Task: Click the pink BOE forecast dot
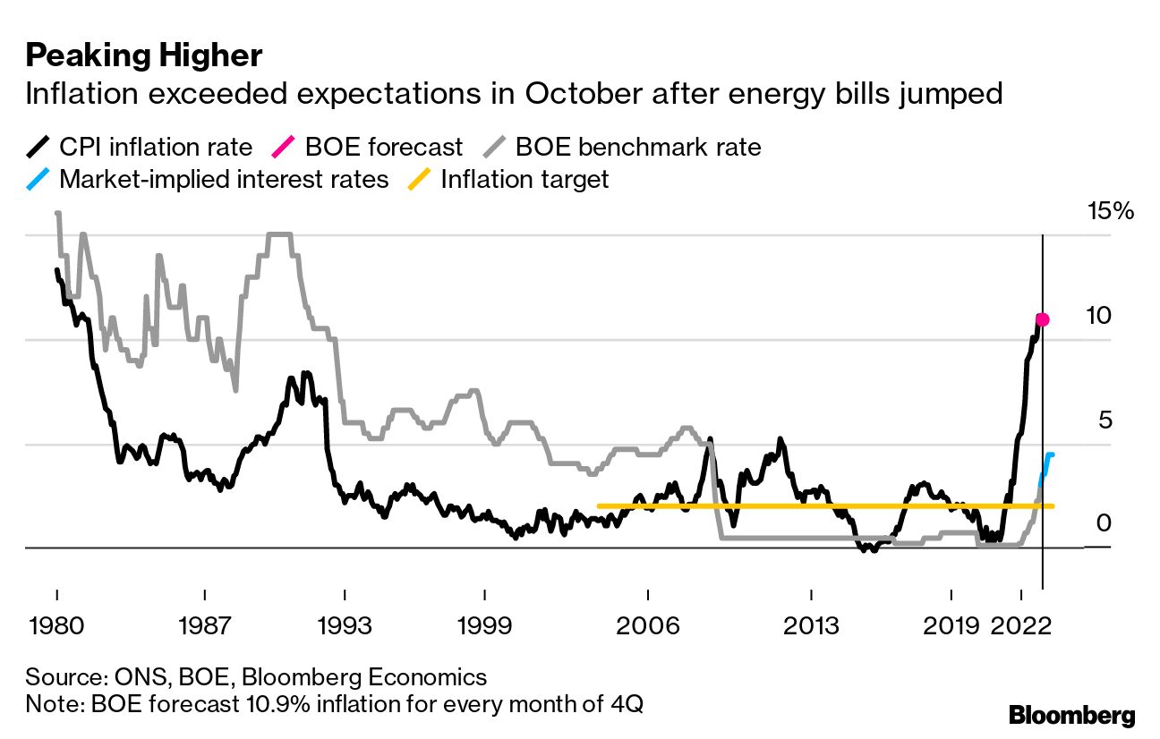point(1042,319)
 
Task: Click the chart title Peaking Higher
point(143,56)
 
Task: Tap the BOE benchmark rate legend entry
point(626,147)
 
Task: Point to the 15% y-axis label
point(1111,212)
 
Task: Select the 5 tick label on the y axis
point(1104,420)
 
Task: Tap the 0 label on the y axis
point(1104,522)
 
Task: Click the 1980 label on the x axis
point(56,624)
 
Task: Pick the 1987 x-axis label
point(206,624)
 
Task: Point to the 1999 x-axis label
point(484,624)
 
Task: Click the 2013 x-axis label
point(810,624)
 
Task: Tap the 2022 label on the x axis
point(1021,624)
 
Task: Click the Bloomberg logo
point(1071,716)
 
